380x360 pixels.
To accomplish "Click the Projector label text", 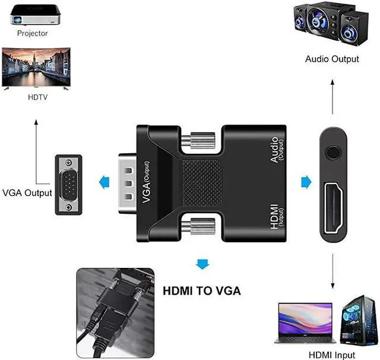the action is [x=33, y=34].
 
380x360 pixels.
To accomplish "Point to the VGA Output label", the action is [x=27, y=193].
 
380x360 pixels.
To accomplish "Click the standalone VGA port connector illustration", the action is [x=69, y=184].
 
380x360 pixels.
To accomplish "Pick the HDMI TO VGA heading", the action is [x=201, y=291].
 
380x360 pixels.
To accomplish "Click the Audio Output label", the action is [x=332, y=59].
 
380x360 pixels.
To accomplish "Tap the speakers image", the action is [x=331, y=25].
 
